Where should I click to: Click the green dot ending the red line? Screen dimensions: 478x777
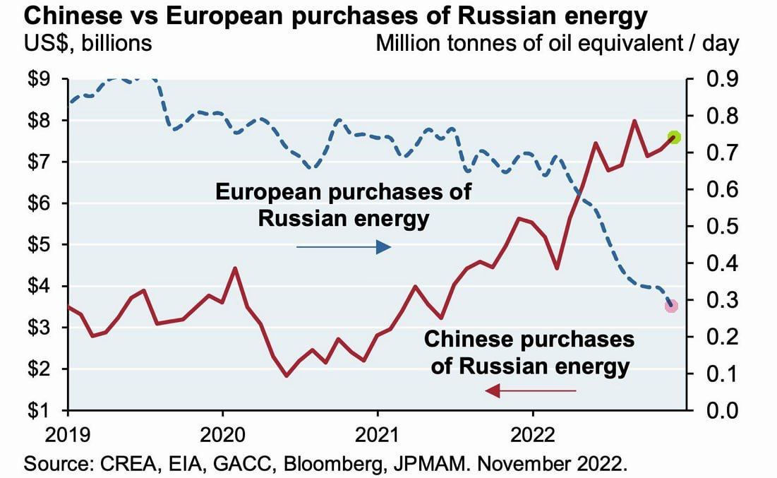[674, 137]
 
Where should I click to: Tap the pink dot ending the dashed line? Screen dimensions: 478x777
[671, 306]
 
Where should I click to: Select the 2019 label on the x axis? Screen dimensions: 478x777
[68, 431]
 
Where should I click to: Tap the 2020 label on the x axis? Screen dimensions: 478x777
[222, 431]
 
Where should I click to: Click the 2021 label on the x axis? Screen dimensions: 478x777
[378, 431]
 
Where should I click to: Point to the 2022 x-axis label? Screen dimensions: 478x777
[532, 431]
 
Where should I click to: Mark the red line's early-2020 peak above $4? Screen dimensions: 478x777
[235, 268]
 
